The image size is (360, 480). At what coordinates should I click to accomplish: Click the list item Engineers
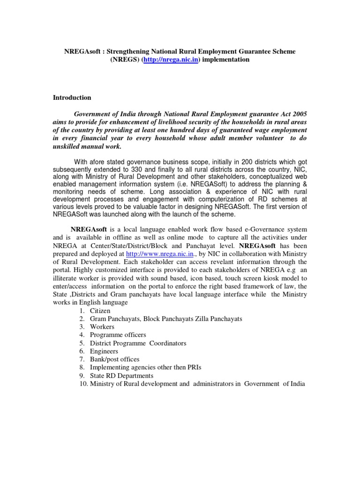[x=104, y=351]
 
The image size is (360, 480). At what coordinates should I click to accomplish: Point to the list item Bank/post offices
[x=114, y=359]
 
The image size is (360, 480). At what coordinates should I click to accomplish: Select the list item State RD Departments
[x=122, y=375]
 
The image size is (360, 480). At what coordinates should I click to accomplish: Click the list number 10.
[x=80, y=384]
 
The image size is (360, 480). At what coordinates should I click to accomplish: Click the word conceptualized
[x=269, y=177]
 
